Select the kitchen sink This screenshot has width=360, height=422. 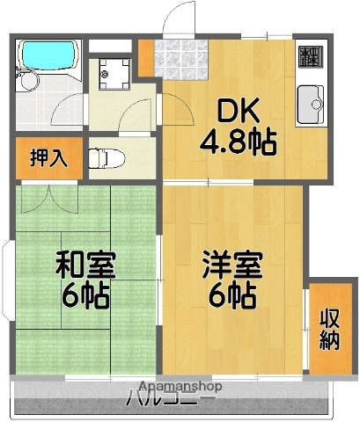click(x=310, y=105)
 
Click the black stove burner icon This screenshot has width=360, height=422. click(x=309, y=56)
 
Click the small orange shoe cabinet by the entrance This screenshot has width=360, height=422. click(x=145, y=57)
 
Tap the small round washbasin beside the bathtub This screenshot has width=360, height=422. click(x=28, y=85)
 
